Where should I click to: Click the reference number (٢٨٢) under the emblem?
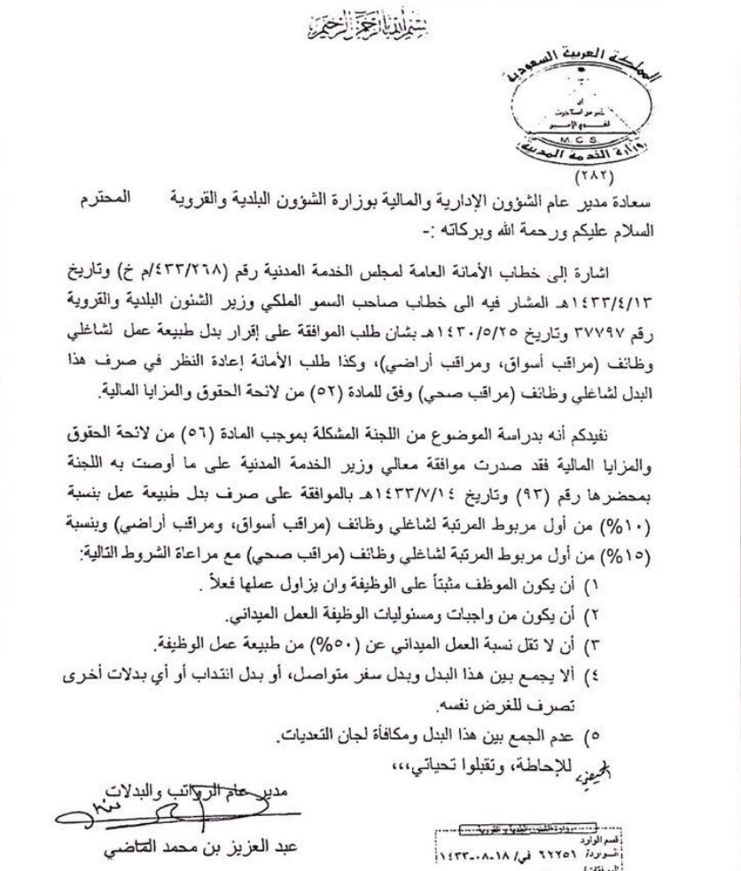602,175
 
